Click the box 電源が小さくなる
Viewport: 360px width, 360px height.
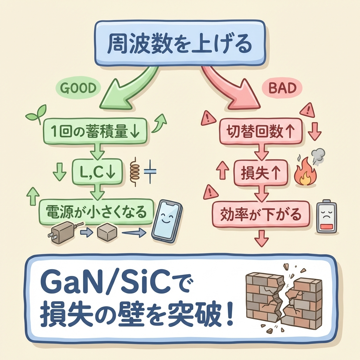point(96,211)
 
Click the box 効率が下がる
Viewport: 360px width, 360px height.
point(261,214)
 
